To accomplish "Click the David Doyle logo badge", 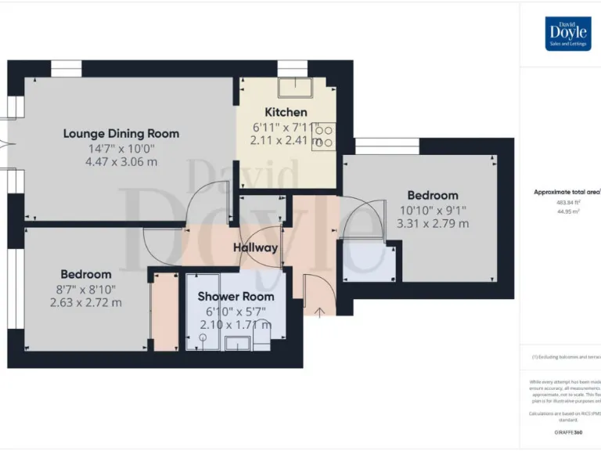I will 568,34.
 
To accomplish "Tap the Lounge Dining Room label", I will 121,133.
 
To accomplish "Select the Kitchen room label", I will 286,112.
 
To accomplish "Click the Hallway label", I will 255,247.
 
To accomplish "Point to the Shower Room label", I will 236,297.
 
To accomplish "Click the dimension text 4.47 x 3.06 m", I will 121,162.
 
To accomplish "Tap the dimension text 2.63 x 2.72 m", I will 86,303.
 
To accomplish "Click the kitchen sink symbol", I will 295,87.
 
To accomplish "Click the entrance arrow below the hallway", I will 318,312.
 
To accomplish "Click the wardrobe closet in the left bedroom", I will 164,308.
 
